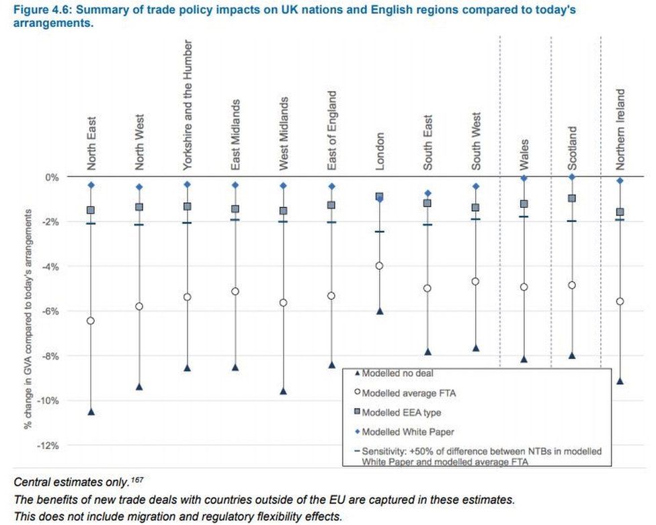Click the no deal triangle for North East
[91, 411]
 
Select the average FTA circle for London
[380, 266]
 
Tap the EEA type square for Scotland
[572, 199]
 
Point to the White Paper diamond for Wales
[524, 178]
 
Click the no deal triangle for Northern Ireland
[620, 381]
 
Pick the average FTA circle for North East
[91, 320]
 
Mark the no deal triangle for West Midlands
[283, 391]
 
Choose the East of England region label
[331, 131]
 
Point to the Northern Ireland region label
[620, 129]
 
